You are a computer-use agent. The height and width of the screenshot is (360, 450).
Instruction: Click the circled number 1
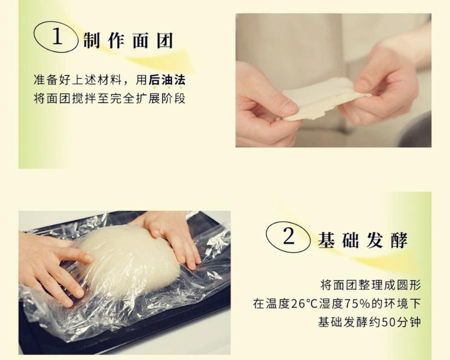[57, 37]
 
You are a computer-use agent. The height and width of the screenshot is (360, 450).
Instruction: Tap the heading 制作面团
[129, 40]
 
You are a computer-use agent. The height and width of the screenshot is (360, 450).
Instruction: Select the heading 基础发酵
[363, 240]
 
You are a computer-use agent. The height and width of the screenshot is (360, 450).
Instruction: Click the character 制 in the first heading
[92, 40]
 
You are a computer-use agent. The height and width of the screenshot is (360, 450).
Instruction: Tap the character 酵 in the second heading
[399, 240]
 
